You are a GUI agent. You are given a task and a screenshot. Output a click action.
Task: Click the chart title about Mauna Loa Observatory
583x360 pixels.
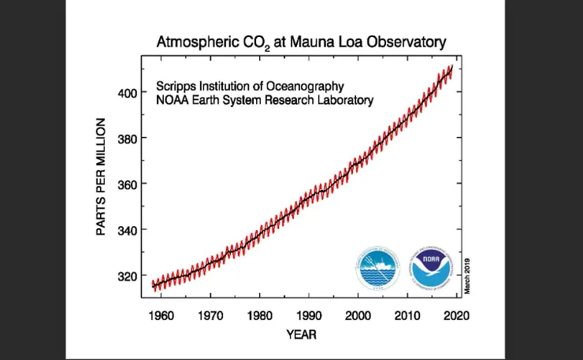click(301, 41)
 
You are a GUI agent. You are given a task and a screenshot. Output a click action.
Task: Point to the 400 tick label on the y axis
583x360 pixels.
click(128, 93)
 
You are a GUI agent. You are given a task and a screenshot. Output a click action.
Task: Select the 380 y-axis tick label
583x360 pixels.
click(128, 139)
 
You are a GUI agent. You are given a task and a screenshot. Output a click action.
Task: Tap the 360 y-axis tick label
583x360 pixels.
click(128, 184)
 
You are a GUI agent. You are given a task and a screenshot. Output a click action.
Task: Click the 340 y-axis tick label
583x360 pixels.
click(128, 230)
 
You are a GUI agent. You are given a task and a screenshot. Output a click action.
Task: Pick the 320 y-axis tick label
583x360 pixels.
click(128, 276)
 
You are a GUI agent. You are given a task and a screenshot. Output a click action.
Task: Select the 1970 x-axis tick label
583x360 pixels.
click(210, 316)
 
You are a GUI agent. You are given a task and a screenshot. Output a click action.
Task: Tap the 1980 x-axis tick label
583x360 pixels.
click(260, 316)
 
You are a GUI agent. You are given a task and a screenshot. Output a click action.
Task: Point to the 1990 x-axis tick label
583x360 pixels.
click(309, 316)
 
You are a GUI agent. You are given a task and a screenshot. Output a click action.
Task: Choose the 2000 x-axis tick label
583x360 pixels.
click(358, 316)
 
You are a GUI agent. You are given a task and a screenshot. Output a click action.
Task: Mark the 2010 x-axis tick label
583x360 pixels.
click(407, 316)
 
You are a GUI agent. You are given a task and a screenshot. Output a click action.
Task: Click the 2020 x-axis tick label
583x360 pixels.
click(457, 316)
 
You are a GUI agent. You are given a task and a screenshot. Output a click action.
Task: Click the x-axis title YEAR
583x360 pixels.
click(301, 335)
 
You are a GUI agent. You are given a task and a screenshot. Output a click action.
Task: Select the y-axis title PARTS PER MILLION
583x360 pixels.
click(102, 176)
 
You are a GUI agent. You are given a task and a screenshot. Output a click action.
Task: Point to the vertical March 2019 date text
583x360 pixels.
click(467, 275)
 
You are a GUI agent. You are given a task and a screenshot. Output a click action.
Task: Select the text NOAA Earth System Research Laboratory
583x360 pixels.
click(265, 100)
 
